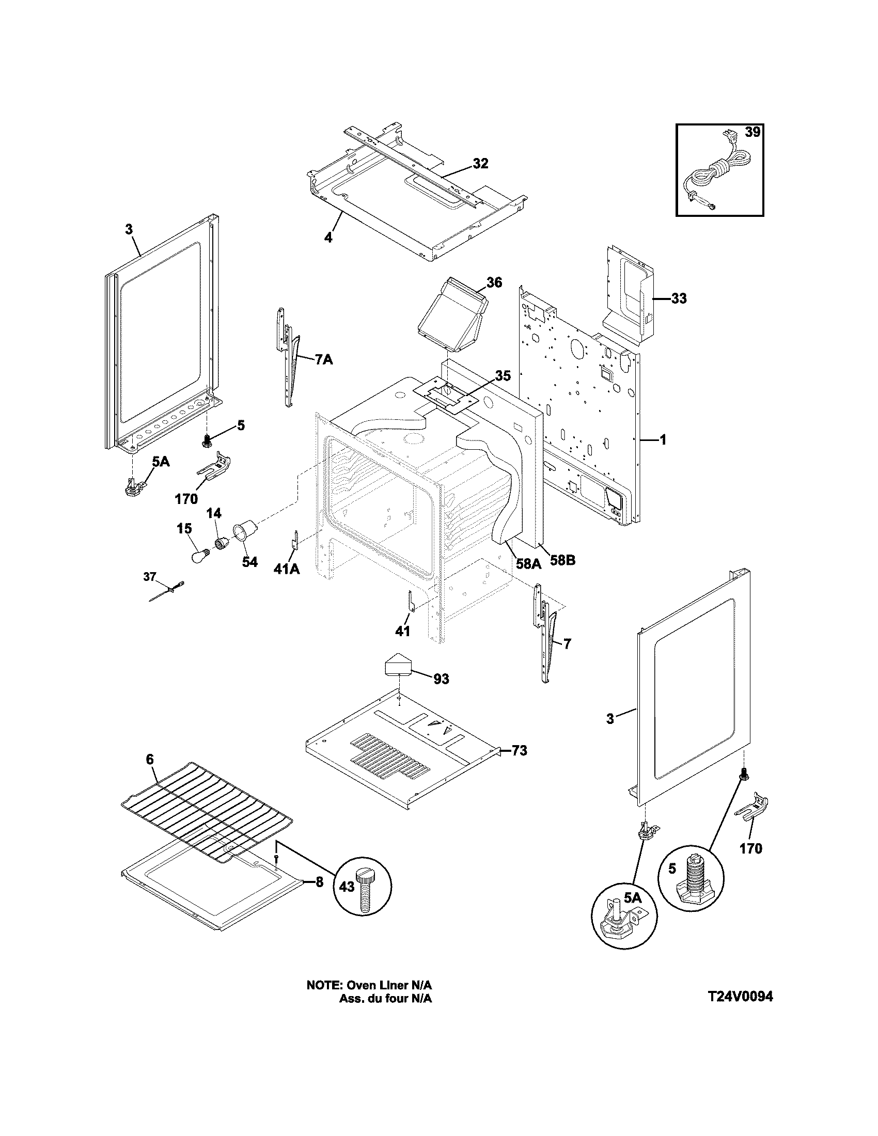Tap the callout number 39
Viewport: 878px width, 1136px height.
click(752, 132)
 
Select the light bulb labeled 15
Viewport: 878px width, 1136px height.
click(199, 555)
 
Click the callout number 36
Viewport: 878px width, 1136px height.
click(494, 282)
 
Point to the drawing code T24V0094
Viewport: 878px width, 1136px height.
click(740, 996)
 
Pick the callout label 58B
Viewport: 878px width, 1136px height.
click(563, 561)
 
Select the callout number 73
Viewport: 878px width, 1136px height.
click(519, 750)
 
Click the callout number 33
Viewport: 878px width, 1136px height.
click(678, 298)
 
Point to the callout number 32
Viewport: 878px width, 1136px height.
click(480, 163)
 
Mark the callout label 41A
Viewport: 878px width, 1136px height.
click(287, 570)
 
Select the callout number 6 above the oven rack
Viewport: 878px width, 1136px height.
click(150, 759)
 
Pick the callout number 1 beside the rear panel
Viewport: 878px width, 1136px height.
click(663, 440)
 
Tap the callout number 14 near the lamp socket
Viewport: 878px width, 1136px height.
click(214, 513)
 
